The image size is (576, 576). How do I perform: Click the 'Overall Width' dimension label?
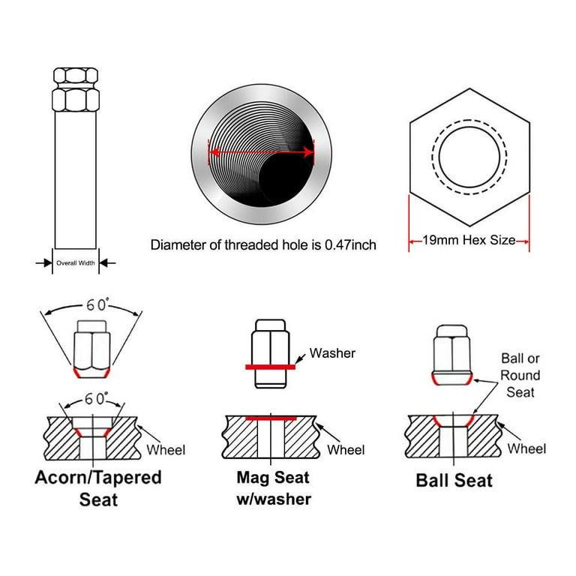pos(76,263)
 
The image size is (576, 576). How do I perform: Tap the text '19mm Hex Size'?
pos(469,240)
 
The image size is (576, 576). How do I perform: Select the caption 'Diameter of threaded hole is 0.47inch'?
pos(263,245)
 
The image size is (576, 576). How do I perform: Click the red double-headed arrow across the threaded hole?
pos(261,152)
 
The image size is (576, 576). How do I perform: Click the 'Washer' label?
pos(332,353)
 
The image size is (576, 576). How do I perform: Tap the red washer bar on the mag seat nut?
pos(270,367)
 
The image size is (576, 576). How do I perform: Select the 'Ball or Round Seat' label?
pos(520,375)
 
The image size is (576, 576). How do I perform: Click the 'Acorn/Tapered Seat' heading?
pos(98,488)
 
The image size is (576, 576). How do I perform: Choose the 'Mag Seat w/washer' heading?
pos(274,488)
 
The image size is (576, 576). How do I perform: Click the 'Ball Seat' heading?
pos(454,480)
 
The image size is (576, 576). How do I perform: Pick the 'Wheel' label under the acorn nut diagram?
pos(166,450)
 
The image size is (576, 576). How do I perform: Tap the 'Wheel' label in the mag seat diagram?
pos(346,450)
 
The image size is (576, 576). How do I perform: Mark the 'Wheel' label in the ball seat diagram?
pos(526,448)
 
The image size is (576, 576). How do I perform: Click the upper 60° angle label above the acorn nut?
pos(97,304)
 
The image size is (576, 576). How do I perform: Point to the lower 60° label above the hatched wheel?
pos(96,398)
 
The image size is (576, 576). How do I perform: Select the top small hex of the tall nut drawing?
pos(76,76)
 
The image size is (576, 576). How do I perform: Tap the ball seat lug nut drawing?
pos(451,355)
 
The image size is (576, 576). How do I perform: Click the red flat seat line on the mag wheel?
pos(271,418)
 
